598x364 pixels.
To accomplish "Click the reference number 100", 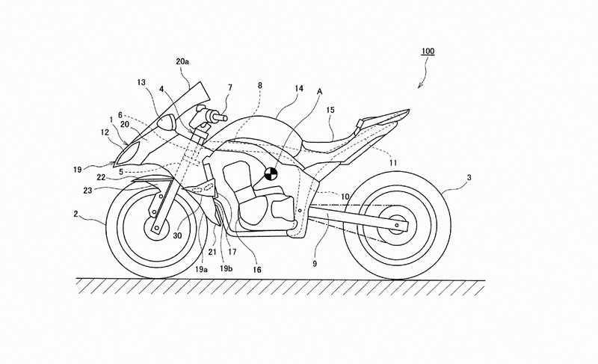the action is coord(428,51).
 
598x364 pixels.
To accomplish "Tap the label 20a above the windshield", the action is coord(182,61).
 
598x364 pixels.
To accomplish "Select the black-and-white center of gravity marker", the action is coord(271,174).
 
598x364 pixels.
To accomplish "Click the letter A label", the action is coord(319,91).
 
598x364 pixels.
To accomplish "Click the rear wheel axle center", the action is coord(397,226).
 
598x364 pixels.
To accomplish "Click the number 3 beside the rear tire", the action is coord(469,178).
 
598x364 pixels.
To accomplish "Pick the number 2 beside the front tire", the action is coord(76,215).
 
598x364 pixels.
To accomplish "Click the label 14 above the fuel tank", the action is coord(299,89).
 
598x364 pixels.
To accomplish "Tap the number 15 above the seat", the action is coord(330,110).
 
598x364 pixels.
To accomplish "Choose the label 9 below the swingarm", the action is coord(315,263).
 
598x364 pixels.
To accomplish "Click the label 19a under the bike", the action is coord(201,270).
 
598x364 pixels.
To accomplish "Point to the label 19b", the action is coord(226,269).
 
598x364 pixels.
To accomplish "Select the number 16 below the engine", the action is coord(257,270).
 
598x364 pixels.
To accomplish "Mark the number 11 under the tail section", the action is coord(393,163).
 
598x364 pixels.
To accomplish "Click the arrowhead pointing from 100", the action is coord(419,85).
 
